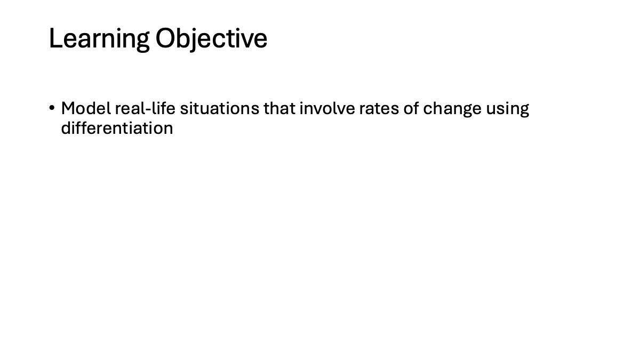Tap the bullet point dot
[x=52, y=108]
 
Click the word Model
[x=86, y=109]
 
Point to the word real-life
[x=145, y=109]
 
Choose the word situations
[x=219, y=109]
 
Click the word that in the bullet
[x=279, y=109]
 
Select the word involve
[x=327, y=109]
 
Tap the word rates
[x=379, y=109]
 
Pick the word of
[x=411, y=109]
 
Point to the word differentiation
[x=117, y=128]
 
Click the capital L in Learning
[x=55, y=38]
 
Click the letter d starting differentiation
[x=66, y=128]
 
